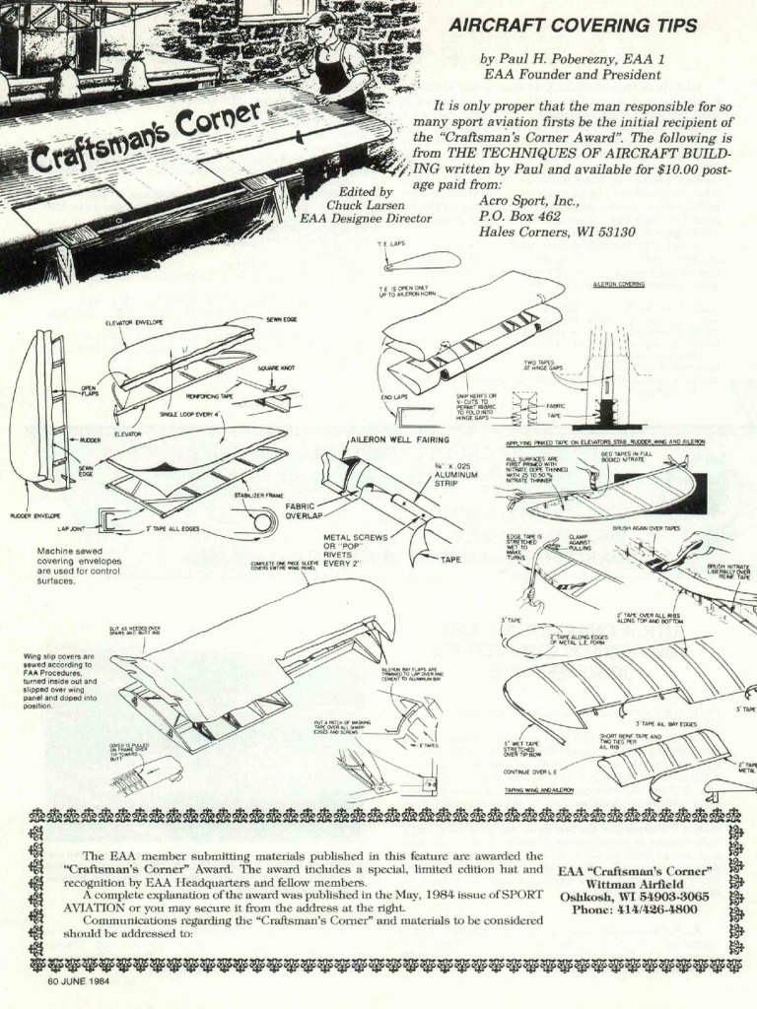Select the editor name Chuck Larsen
[366, 205]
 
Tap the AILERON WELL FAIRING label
[399, 439]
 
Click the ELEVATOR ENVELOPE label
[134, 323]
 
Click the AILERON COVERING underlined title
[618, 284]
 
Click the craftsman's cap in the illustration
[320, 19]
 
